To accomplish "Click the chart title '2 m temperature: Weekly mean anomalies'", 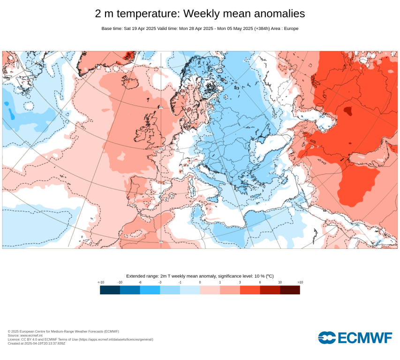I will [x=200, y=14].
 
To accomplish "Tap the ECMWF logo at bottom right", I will [x=355, y=337].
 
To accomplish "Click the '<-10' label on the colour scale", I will [x=100, y=282].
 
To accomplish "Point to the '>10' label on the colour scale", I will [x=300, y=282].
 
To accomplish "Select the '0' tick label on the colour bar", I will [x=200, y=282].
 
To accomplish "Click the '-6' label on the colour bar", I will [x=140, y=282].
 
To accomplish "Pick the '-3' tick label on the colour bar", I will [x=160, y=282].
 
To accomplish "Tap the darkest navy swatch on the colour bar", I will [x=110, y=290].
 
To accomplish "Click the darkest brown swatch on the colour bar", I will [x=290, y=290].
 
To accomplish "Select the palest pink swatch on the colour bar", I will [x=210, y=290].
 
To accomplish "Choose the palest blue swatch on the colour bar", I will [x=190, y=290].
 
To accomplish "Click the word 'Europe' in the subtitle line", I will [x=291, y=29].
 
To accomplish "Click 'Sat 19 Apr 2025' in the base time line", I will [x=139, y=29].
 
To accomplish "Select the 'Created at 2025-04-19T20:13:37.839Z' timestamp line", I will [x=36, y=343].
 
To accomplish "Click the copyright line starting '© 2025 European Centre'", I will [x=63, y=331].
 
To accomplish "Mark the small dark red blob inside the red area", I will [x=347, y=111].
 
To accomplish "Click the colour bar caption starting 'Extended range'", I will [x=200, y=276].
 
